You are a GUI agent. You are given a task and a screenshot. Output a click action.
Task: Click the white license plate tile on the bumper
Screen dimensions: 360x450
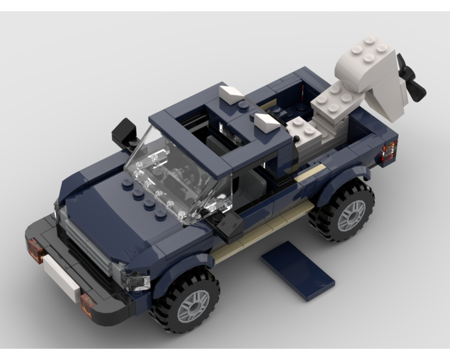click(61, 279)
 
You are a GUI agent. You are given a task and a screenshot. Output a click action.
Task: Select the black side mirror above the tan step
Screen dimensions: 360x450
click(230, 225)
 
